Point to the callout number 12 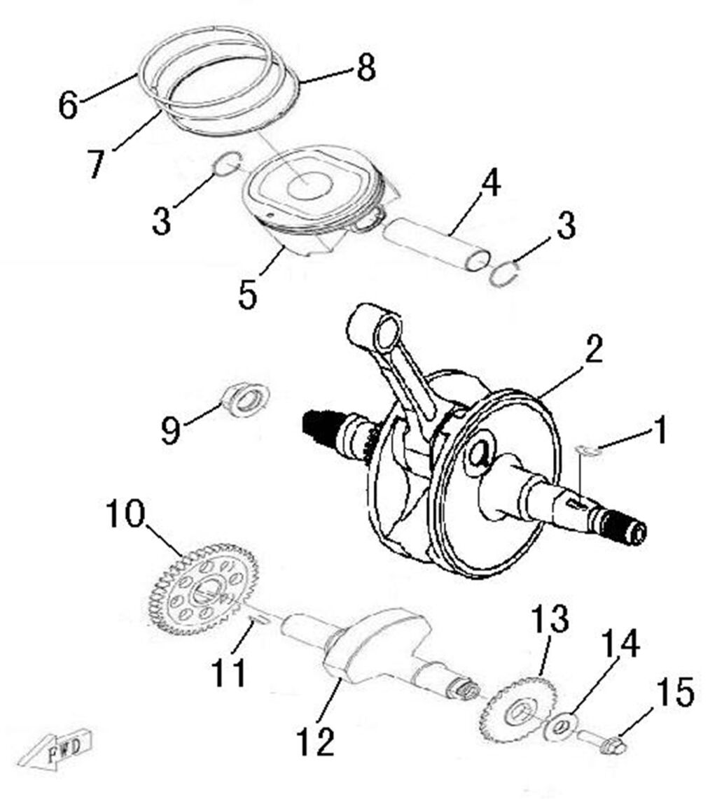click(314, 740)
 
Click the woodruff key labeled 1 click(588, 450)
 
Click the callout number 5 click(247, 295)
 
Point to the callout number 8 click(365, 69)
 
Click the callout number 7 click(96, 162)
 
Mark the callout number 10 click(125, 515)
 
